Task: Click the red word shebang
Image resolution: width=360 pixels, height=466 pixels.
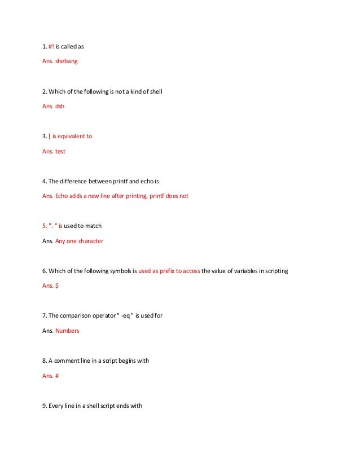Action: [67, 61]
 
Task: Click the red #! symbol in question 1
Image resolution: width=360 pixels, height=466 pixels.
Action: [51, 46]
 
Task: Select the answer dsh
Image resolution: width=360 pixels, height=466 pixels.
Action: [60, 106]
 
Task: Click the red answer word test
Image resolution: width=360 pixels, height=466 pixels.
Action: [60, 151]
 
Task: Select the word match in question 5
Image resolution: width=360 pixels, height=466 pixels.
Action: [93, 226]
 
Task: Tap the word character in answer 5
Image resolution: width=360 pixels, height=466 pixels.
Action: [90, 241]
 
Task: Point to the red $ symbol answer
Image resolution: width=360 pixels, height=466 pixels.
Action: [57, 286]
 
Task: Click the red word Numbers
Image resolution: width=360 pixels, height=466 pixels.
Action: [67, 331]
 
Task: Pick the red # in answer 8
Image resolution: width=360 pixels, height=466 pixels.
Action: [57, 376]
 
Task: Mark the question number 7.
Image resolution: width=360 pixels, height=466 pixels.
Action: [44, 316]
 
